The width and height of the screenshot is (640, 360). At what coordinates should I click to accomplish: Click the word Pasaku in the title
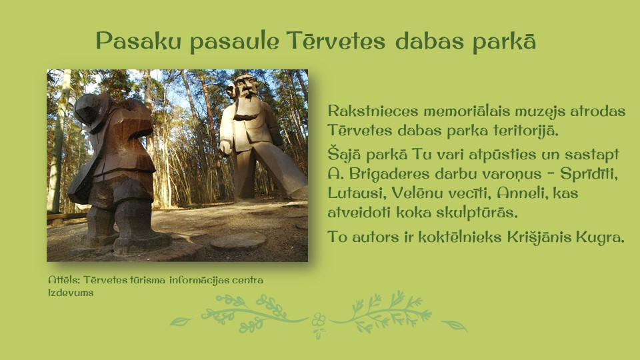pyautogui.click(x=139, y=41)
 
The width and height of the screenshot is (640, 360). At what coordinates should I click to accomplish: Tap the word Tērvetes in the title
pyautogui.click(x=335, y=41)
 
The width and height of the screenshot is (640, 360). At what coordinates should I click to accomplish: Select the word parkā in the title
pyautogui.click(x=504, y=41)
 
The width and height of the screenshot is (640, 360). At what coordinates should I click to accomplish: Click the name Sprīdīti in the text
pyautogui.click(x=589, y=174)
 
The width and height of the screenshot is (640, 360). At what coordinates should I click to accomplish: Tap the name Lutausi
pyautogui.click(x=356, y=193)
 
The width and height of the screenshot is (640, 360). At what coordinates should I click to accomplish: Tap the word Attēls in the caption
pyautogui.click(x=65, y=280)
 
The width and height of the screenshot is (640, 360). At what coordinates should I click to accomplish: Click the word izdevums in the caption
pyautogui.click(x=71, y=293)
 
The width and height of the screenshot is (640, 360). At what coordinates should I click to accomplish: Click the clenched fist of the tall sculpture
pyautogui.click(x=225, y=147)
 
